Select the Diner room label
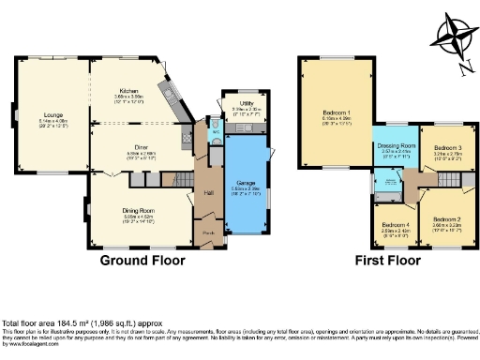(x=142, y=147)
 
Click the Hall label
(x=207, y=193)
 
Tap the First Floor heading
(x=385, y=260)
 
